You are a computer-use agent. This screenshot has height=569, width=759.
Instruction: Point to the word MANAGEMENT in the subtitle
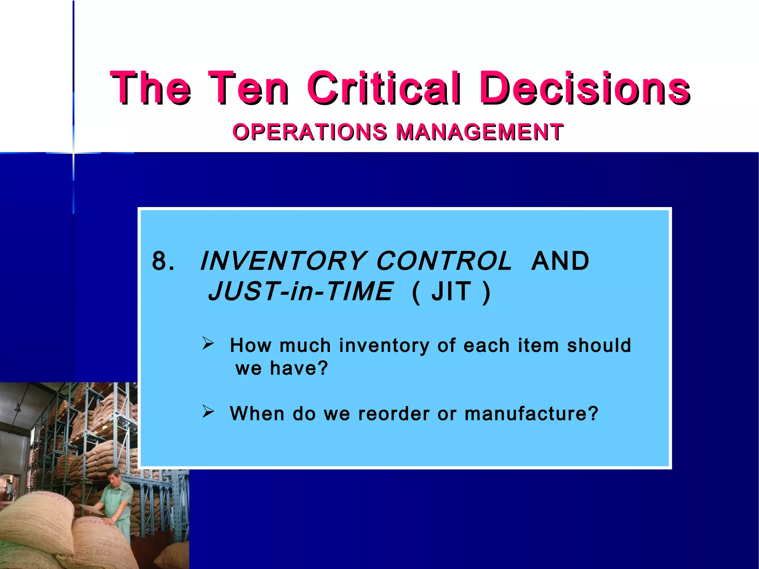click(480, 132)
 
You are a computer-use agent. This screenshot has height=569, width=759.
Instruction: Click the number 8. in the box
click(163, 261)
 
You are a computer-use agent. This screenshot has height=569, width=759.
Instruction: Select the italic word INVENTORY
click(284, 261)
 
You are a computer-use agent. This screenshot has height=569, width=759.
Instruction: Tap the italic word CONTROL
click(444, 261)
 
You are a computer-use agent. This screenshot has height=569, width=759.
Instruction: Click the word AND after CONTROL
click(560, 261)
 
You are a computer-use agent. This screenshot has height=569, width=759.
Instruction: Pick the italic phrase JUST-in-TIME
click(300, 292)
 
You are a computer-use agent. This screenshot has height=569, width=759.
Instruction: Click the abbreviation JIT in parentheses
click(451, 292)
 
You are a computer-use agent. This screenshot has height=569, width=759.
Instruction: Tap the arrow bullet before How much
click(208, 343)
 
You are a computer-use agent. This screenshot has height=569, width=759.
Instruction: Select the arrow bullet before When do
click(208, 412)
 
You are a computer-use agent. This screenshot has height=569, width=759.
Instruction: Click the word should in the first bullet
click(599, 345)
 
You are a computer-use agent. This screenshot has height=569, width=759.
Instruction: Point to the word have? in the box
click(299, 368)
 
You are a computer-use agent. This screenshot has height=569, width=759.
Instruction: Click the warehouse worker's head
click(113, 477)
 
